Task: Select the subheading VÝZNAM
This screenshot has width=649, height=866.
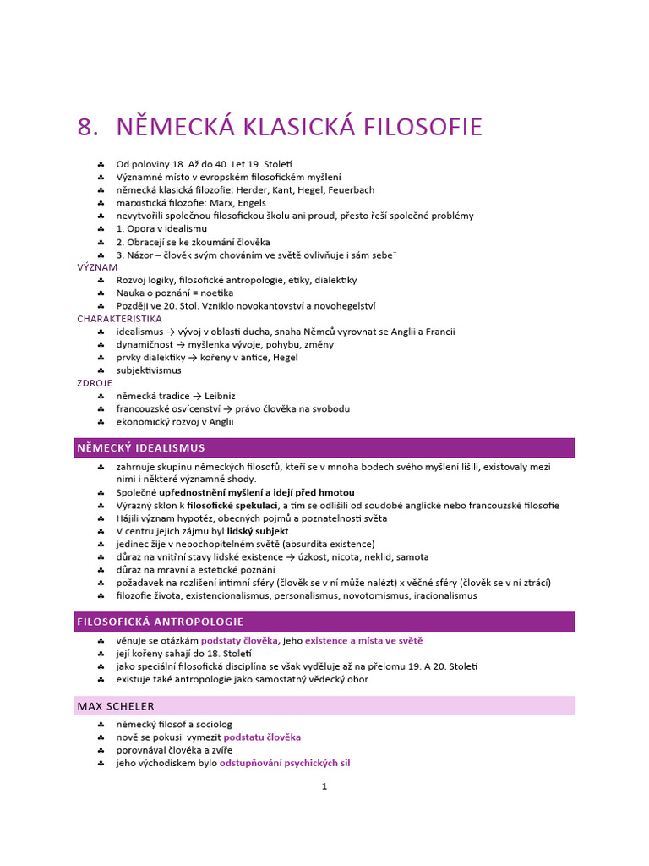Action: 97,266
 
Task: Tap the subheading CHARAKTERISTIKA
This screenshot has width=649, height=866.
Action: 119,319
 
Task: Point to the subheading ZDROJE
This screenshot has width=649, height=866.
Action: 95,383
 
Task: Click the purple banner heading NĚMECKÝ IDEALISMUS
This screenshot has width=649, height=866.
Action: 141,447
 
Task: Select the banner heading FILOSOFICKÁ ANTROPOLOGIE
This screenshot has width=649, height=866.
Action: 161,622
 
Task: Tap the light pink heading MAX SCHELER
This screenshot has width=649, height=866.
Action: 116,705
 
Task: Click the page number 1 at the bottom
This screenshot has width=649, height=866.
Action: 324,786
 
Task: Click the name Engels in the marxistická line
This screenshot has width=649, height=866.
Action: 250,203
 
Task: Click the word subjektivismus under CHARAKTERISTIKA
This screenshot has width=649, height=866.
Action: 149,370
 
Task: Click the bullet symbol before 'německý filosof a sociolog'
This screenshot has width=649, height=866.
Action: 101,725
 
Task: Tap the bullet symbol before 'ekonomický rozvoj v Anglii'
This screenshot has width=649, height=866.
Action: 101,421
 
